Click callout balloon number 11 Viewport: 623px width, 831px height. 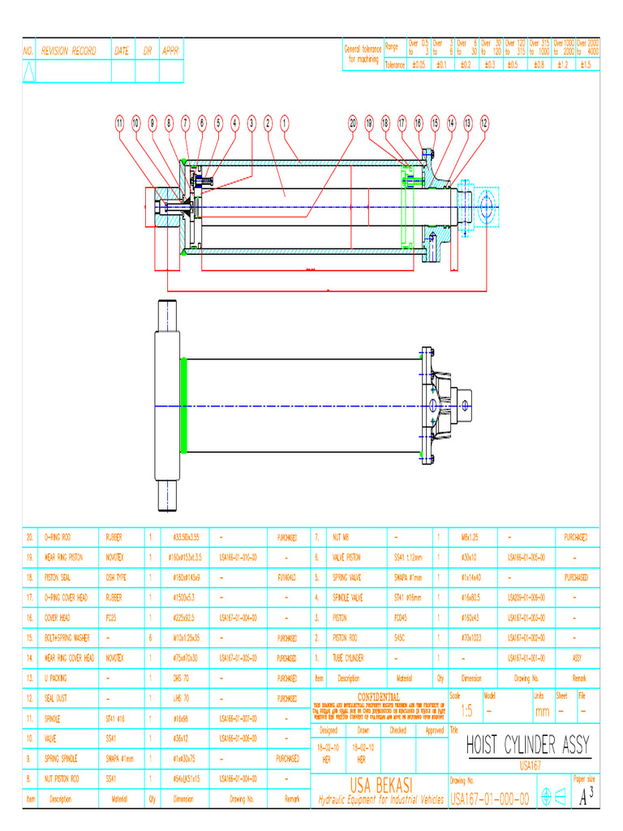point(119,123)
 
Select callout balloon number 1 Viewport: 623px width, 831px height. point(285,123)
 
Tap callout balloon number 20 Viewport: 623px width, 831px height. point(353,123)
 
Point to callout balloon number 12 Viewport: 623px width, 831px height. point(484,123)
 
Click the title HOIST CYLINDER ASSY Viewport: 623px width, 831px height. point(528,745)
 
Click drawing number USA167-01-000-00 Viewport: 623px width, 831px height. point(490,799)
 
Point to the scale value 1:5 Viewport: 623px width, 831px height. point(466,711)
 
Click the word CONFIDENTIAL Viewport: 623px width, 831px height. point(379,696)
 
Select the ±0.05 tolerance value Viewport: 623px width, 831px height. point(418,64)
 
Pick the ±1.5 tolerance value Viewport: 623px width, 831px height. point(586,64)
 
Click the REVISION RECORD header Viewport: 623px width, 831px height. point(69,50)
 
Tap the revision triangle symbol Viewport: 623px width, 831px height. point(29,72)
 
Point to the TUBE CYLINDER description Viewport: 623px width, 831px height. point(348,657)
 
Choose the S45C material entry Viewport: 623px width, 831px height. point(398,637)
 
